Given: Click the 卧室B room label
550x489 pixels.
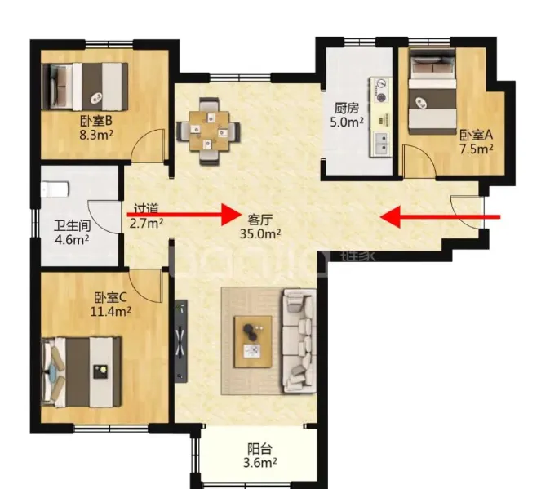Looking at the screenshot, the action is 96,121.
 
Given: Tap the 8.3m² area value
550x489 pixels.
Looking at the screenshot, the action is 96,135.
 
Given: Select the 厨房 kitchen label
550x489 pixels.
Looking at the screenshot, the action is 347,109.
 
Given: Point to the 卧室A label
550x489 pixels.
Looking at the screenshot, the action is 477,135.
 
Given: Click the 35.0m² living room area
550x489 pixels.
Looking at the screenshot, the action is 260,233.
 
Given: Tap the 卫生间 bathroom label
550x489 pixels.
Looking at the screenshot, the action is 72,226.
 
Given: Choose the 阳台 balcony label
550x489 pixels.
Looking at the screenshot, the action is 260,449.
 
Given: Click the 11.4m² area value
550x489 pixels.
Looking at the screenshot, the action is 111,312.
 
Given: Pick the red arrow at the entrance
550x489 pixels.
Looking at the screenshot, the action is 440,217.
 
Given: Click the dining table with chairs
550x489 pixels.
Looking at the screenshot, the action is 209,131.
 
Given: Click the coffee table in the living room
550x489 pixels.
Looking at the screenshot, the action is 253,342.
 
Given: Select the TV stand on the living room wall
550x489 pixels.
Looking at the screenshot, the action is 181,340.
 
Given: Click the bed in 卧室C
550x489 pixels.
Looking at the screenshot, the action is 82,372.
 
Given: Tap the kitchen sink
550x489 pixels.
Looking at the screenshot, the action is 381,144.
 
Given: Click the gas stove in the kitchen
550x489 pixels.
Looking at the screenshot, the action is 381,91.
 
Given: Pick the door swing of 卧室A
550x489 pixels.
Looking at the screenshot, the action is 419,162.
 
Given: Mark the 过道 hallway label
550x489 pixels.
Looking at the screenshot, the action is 146,208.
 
